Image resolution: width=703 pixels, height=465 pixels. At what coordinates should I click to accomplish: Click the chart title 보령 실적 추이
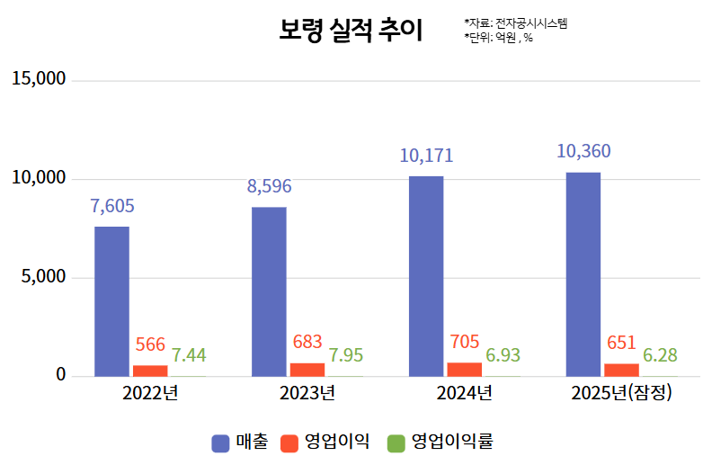click(350, 31)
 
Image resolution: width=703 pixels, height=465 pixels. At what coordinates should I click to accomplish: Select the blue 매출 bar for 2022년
click(111, 300)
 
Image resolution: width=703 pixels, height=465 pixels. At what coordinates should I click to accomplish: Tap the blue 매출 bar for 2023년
click(269, 291)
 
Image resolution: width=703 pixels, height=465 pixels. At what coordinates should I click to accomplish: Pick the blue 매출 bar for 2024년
click(426, 275)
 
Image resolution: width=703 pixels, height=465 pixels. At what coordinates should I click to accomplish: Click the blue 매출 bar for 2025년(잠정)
click(583, 273)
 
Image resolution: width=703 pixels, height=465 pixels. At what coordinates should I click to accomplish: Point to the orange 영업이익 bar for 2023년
click(307, 369)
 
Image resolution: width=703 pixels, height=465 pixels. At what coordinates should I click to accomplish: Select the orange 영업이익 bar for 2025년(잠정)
click(622, 370)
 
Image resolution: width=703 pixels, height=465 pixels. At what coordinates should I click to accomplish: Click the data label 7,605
click(112, 206)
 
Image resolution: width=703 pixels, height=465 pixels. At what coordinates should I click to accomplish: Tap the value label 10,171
click(426, 156)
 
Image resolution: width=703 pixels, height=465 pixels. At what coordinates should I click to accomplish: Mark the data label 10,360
click(583, 151)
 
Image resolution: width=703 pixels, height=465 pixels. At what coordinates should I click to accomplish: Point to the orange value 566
click(150, 344)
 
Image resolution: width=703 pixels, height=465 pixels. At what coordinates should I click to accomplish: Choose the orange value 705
click(464, 342)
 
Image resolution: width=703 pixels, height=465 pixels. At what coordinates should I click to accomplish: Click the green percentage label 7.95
click(346, 355)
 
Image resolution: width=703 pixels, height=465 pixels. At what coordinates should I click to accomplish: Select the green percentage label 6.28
click(660, 355)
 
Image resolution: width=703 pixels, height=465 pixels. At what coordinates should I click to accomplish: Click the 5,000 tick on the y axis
click(44, 277)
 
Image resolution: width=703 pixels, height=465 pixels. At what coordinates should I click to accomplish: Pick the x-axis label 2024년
click(464, 393)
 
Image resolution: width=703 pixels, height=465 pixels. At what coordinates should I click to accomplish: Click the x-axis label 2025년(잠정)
click(621, 393)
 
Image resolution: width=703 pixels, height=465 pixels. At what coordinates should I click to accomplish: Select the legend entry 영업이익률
click(442, 442)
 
